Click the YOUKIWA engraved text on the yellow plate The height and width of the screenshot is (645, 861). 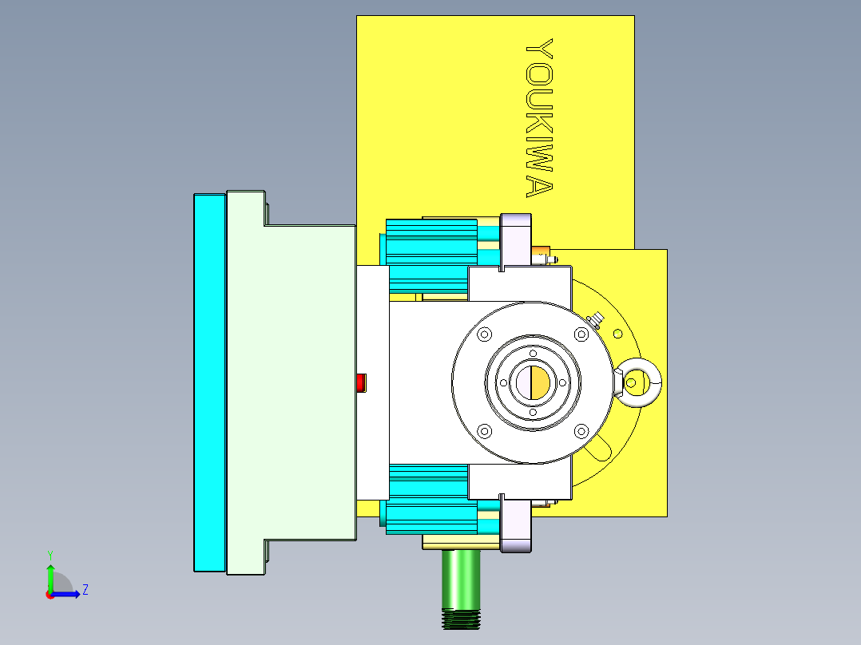point(539,118)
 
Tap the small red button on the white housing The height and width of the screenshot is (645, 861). point(360,382)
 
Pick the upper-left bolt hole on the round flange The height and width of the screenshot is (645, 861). point(483,335)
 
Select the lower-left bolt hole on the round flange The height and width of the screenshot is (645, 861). point(484,431)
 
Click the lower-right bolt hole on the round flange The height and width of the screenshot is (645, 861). point(581,432)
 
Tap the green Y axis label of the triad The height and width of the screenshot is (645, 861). point(50,554)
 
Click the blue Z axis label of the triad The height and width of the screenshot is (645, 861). point(85,591)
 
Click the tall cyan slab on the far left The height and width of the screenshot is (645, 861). point(209,382)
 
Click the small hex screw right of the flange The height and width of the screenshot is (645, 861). point(595,320)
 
